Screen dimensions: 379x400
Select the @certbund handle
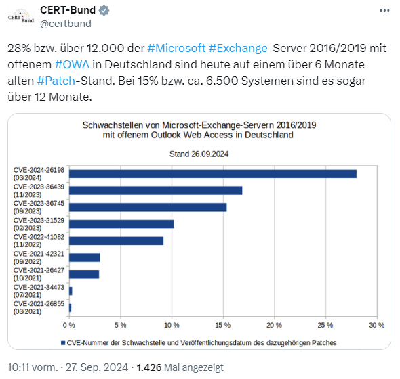[66, 24]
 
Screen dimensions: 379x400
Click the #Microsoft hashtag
[175, 49]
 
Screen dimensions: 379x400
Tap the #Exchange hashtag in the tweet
[238, 49]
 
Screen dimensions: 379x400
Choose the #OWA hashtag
[71, 64]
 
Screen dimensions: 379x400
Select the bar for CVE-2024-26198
[213, 174]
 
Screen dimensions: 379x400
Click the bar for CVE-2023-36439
[156, 190]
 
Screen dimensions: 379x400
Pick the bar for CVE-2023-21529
[121, 224]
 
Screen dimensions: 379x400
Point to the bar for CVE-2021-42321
[85, 257]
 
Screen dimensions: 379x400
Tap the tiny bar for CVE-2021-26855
[71, 307]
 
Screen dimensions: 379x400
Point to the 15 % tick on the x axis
[223, 325]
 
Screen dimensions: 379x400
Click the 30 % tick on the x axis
[376, 325]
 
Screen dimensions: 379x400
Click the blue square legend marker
[62, 343]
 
